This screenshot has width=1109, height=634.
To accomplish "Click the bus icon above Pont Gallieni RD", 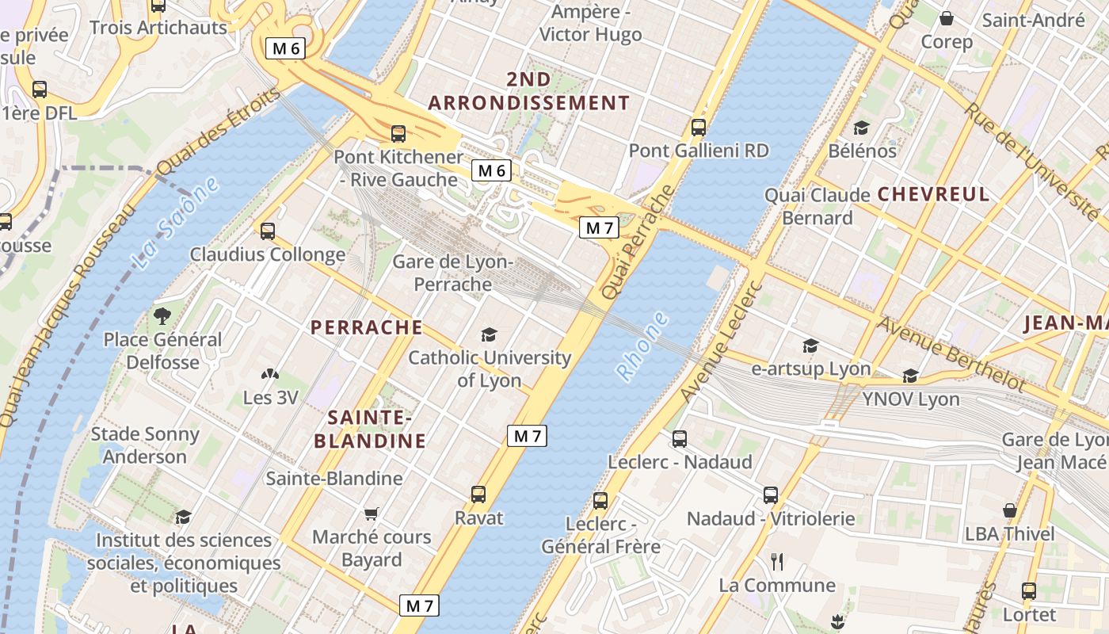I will click(x=698, y=127).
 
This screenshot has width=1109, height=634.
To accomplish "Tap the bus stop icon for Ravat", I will click(x=478, y=495).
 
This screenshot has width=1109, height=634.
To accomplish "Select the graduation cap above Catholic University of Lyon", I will click(x=489, y=334).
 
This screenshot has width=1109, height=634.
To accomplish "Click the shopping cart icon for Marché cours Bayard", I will click(x=371, y=514).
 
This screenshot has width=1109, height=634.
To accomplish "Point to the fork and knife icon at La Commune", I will click(x=777, y=562).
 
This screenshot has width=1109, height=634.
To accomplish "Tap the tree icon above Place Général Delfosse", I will click(x=162, y=316).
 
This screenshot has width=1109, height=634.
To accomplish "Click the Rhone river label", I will click(x=642, y=346).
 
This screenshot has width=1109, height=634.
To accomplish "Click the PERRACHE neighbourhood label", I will click(x=366, y=327).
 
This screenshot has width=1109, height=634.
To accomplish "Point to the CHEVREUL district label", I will click(x=933, y=194).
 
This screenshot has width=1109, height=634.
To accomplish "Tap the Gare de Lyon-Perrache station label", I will click(x=453, y=273).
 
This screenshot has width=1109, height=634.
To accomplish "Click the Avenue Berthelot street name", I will click(x=951, y=353).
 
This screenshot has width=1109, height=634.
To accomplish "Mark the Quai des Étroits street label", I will click(x=218, y=132).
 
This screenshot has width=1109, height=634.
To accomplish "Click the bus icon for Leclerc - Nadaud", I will click(x=680, y=438).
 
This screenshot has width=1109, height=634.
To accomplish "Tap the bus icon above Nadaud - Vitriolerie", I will click(x=771, y=495).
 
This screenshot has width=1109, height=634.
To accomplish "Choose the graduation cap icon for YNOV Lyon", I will click(x=910, y=376).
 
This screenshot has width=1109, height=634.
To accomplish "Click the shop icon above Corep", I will click(x=946, y=18).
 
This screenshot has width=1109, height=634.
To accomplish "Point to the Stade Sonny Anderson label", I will click(x=145, y=445).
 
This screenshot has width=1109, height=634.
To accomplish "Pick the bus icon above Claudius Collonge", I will click(x=268, y=231).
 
